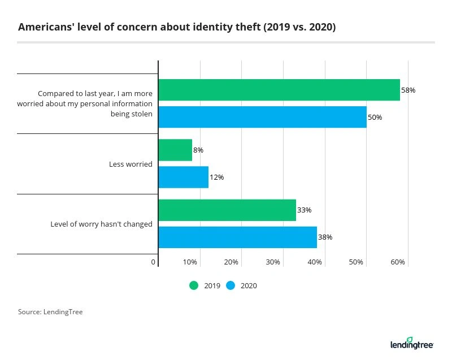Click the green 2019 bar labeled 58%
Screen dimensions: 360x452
point(279,90)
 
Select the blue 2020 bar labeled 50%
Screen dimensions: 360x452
point(262,117)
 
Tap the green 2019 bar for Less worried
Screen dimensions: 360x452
point(175,150)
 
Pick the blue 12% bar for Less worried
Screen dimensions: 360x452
point(184,177)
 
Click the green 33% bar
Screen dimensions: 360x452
point(227,210)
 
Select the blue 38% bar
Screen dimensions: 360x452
point(237,237)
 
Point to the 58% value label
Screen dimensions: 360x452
point(408,90)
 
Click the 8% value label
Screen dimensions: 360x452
point(198,150)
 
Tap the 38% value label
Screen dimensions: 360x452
point(325,237)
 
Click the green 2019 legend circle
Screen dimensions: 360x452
point(194,285)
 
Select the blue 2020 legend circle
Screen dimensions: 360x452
point(231,285)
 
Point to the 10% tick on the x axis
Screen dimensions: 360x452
point(190,262)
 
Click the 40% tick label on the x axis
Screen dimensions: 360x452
point(315,262)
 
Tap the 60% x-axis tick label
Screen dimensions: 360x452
point(398,262)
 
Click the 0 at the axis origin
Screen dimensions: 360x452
point(154,262)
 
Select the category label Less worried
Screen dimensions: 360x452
point(131,164)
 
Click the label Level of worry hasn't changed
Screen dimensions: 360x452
point(102,224)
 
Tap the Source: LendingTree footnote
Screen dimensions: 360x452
point(50,312)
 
